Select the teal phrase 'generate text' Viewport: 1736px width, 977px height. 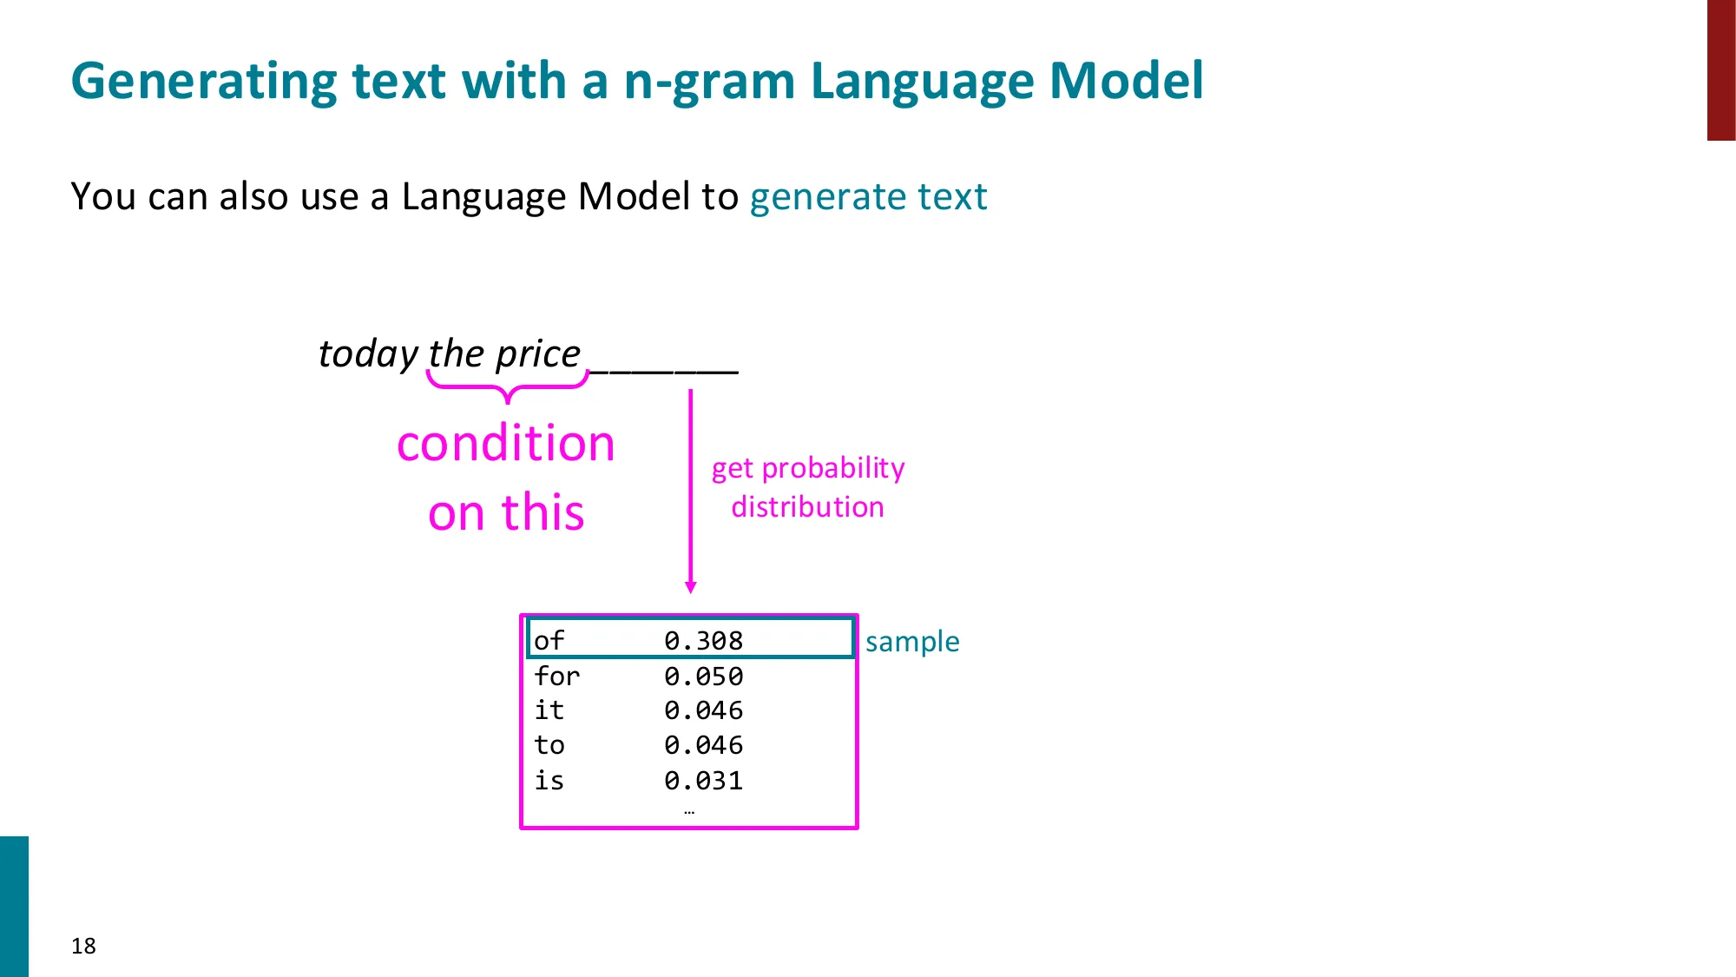(x=868, y=196)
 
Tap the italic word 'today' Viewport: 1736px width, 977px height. (x=369, y=354)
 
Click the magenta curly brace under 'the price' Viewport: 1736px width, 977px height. (x=508, y=387)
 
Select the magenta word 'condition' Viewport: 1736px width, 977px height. (x=506, y=444)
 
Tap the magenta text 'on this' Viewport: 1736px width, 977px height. (x=506, y=512)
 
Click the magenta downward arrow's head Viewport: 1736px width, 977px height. (x=691, y=588)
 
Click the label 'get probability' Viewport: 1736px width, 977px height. (x=808, y=468)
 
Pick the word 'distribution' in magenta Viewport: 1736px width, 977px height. (x=807, y=507)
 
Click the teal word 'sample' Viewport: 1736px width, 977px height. (x=912, y=642)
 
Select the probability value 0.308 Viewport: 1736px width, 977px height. (x=703, y=641)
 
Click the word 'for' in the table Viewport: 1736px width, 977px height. (x=556, y=676)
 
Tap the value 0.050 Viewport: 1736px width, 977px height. (x=703, y=676)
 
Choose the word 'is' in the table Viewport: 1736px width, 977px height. (x=549, y=780)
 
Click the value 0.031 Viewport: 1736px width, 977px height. (x=703, y=780)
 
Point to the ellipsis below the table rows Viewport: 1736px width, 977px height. (x=689, y=812)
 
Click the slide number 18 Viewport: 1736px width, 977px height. (x=83, y=946)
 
